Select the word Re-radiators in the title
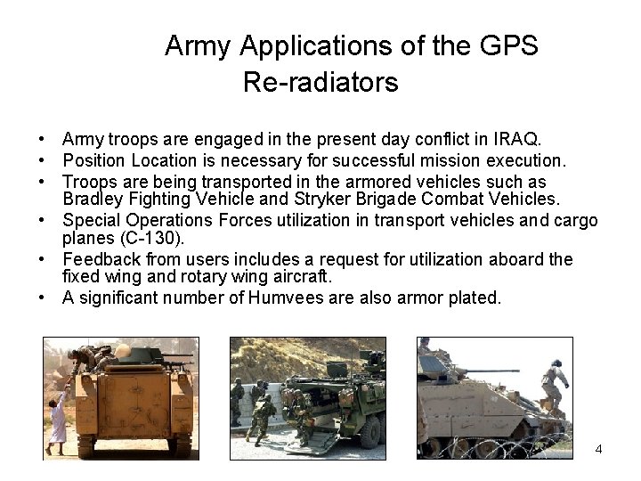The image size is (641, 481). pyautogui.click(x=320, y=84)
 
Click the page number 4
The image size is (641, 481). pyautogui.click(x=598, y=449)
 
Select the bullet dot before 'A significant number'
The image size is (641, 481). pyautogui.click(x=42, y=298)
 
